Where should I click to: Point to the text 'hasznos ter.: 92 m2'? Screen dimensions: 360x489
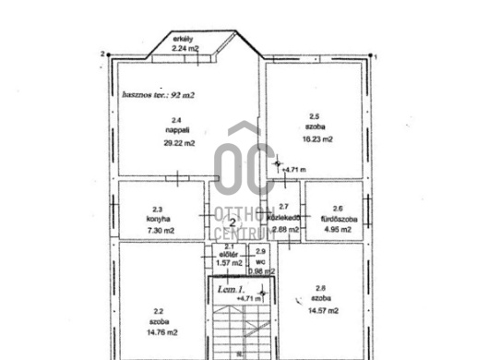click(158, 94)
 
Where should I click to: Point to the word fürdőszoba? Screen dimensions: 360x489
click(337, 219)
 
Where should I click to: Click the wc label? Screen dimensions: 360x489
click(260, 260)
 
